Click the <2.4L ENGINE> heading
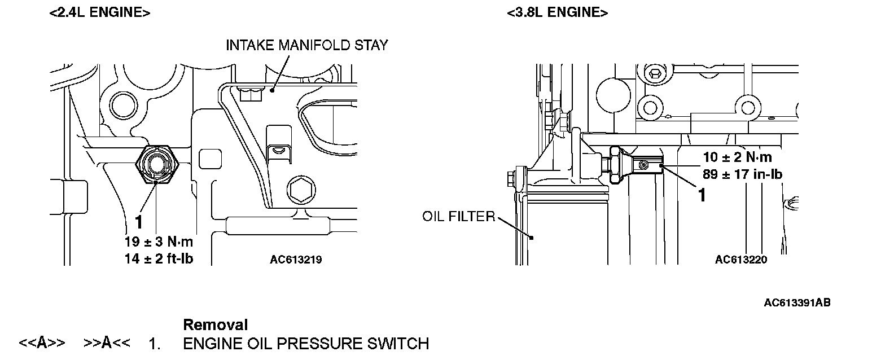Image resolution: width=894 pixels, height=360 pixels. pyautogui.click(x=100, y=13)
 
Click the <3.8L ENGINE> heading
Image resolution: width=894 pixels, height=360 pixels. pyautogui.click(x=557, y=13)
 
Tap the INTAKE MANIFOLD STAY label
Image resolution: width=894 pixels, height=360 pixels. pyautogui.click(x=307, y=45)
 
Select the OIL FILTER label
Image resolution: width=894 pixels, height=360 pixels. pyautogui.click(x=458, y=217)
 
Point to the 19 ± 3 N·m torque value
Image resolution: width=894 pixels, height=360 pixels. pyautogui.click(x=159, y=242)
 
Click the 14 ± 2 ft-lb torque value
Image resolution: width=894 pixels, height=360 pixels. pyautogui.click(x=159, y=259)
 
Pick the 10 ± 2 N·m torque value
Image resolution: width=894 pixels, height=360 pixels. pyautogui.click(x=737, y=157)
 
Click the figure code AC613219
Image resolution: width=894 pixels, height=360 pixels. pyautogui.click(x=296, y=260)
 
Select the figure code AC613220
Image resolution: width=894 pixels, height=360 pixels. pyautogui.click(x=741, y=260)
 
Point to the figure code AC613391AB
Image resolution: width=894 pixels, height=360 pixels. pyautogui.click(x=797, y=303)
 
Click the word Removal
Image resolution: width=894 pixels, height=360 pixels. pyautogui.click(x=216, y=325)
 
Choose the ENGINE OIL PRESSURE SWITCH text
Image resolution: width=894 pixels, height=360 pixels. pyautogui.click(x=306, y=343)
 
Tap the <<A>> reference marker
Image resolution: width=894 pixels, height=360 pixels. pyautogui.click(x=42, y=343)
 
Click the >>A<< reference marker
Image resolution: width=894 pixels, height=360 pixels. pyautogui.click(x=107, y=343)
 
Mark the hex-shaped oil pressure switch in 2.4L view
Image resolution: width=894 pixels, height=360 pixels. pyautogui.click(x=157, y=164)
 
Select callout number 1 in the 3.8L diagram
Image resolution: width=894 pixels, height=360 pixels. pyautogui.click(x=703, y=195)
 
